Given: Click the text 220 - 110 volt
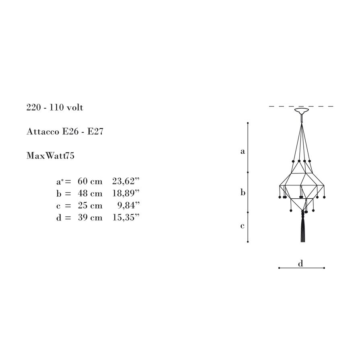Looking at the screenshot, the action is (x=55, y=107).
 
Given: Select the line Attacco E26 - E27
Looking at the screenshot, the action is (x=65, y=132).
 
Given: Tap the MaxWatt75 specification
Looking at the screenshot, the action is (x=50, y=156).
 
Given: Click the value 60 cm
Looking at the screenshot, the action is (x=90, y=181).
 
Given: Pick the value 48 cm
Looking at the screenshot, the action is (x=90, y=193).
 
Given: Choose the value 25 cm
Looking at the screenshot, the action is (x=90, y=205).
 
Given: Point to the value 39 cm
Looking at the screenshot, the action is (x=90, y=218).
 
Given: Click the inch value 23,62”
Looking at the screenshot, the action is (x=126, y=181).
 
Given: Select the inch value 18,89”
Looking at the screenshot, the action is (x=126, y=193).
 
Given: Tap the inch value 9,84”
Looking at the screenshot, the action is (x=129, y=205).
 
